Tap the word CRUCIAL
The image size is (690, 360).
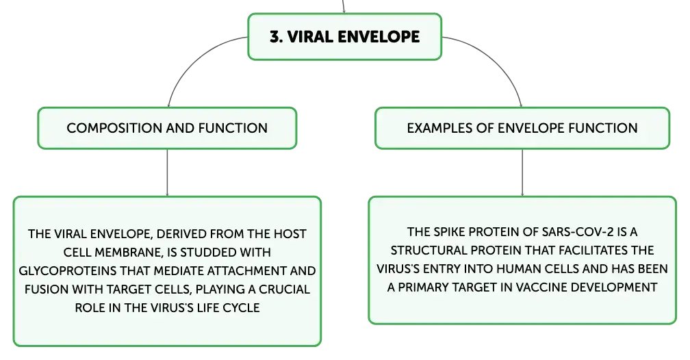[284, 289]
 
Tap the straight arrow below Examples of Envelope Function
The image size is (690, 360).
[522, 172]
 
